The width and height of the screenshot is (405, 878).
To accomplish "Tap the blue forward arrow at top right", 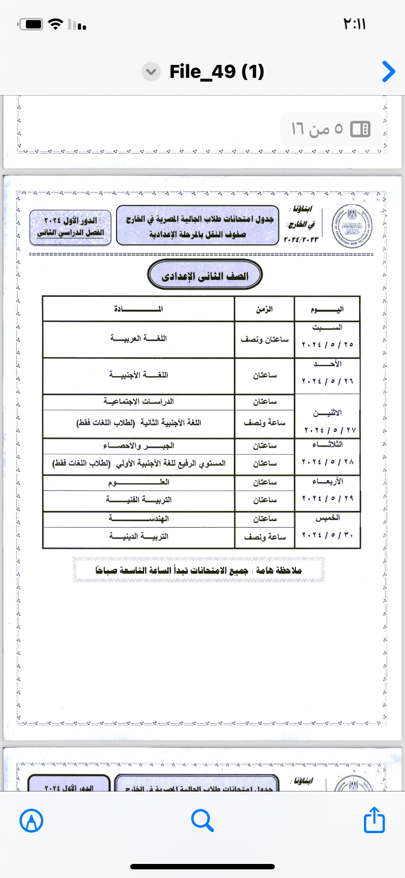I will pyautogui.click(x=388, y=71).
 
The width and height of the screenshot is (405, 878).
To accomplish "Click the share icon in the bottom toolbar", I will pyautogui.click(x=374, y=820).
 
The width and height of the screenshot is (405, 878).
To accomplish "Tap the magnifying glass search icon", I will pyautogui.click(x=202, y=820).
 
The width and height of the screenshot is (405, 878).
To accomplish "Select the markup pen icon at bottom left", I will pyautogui.click(x=31, y=821).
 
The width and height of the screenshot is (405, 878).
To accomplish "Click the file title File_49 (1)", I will pyautogui.click(x=217, y=71).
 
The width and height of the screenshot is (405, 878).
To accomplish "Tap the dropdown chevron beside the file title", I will pyautogui.click(x=151, y=71).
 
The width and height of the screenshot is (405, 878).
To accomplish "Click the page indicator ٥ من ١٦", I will pyautogui.click(x=318, y=129).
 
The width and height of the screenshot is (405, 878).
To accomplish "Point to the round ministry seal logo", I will pyautogui.click(x=352, y=226).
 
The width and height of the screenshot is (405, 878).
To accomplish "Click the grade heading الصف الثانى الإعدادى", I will pyautogui.click(x=205, y=276).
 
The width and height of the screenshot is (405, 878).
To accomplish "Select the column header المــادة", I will pyautogui.click(x=138, y=309).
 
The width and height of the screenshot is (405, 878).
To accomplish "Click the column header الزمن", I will pyautogui.click(x=265, y=309).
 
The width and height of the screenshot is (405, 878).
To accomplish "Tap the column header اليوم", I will pyautogui.click(x=327, y=309).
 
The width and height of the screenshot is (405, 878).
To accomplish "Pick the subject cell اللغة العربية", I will pyautogui.click(x=138, y=338).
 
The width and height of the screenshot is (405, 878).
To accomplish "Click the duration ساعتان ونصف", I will pyautogui.click(x=265, y=339).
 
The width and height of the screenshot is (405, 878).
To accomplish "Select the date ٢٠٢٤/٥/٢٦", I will pyautogui.click(x=327, y=381).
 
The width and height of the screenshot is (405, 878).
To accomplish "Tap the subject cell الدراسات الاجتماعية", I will pyautogui.click(x=138, y=401).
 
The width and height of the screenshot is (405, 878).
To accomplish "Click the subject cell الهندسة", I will pyautogui.click(x=138, y=518).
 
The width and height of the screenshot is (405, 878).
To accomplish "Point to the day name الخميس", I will pyautogui.click(x=327, y=518).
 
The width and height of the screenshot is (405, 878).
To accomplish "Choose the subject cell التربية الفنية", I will pyautogui.click(x=138, y=500).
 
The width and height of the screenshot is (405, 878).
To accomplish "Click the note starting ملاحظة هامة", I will pyautogui.click(x=199, y=570).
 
